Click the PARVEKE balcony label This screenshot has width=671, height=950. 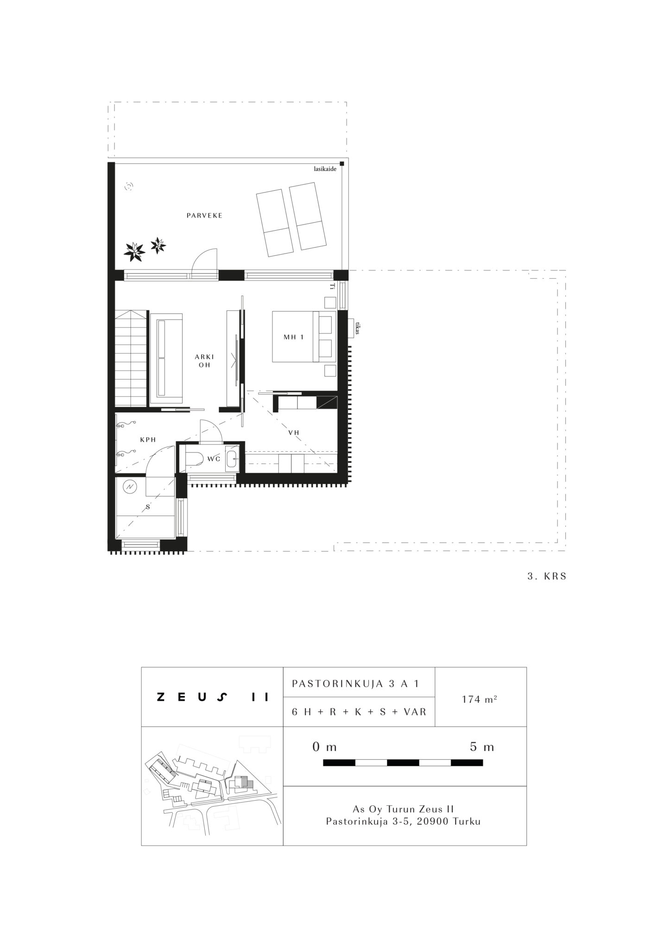click(204, 216)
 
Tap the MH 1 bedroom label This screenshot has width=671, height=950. click(294, 337)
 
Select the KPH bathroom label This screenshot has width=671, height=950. click(148, 440)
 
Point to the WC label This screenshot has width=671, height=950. click(214, 459)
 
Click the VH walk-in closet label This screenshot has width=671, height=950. click(294, 433)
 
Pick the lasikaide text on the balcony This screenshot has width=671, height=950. click(325, 169)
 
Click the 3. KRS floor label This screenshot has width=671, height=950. click(547, 577)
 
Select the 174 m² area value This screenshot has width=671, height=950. click(480, 699)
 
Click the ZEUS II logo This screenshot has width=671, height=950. click(213, 697)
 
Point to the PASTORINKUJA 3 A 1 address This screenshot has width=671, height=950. click(355, 684)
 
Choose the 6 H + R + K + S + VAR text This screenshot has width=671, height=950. click(359, 712)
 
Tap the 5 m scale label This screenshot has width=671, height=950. click(482, 747)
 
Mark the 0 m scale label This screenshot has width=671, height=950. click(324, 747)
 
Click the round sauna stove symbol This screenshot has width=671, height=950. click(131, 487)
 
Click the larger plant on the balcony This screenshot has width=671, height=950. click(134, 251)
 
